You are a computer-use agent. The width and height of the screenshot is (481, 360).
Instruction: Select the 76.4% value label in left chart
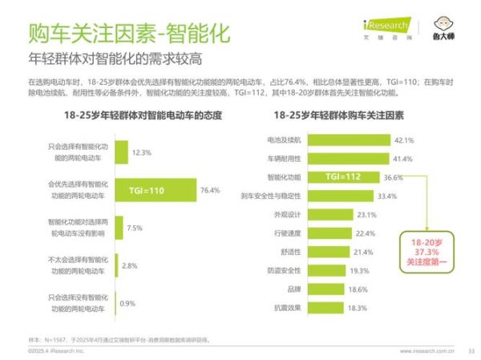pos(210,191)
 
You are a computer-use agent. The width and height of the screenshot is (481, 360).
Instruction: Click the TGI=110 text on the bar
pos(146,191)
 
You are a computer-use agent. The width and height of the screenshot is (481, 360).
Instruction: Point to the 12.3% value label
pos(141,152)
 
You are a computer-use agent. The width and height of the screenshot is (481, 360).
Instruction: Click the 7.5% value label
pos(135,228)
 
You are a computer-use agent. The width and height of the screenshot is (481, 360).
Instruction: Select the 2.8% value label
pos(130,265)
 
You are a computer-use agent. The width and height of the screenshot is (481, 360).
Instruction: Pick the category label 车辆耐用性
pos(283,159)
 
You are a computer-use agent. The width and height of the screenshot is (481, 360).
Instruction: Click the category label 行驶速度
pos(286,233)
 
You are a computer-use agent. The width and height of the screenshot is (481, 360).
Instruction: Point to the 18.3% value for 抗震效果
pos(358,308)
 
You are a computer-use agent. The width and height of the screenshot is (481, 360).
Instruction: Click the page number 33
pos(471,350)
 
